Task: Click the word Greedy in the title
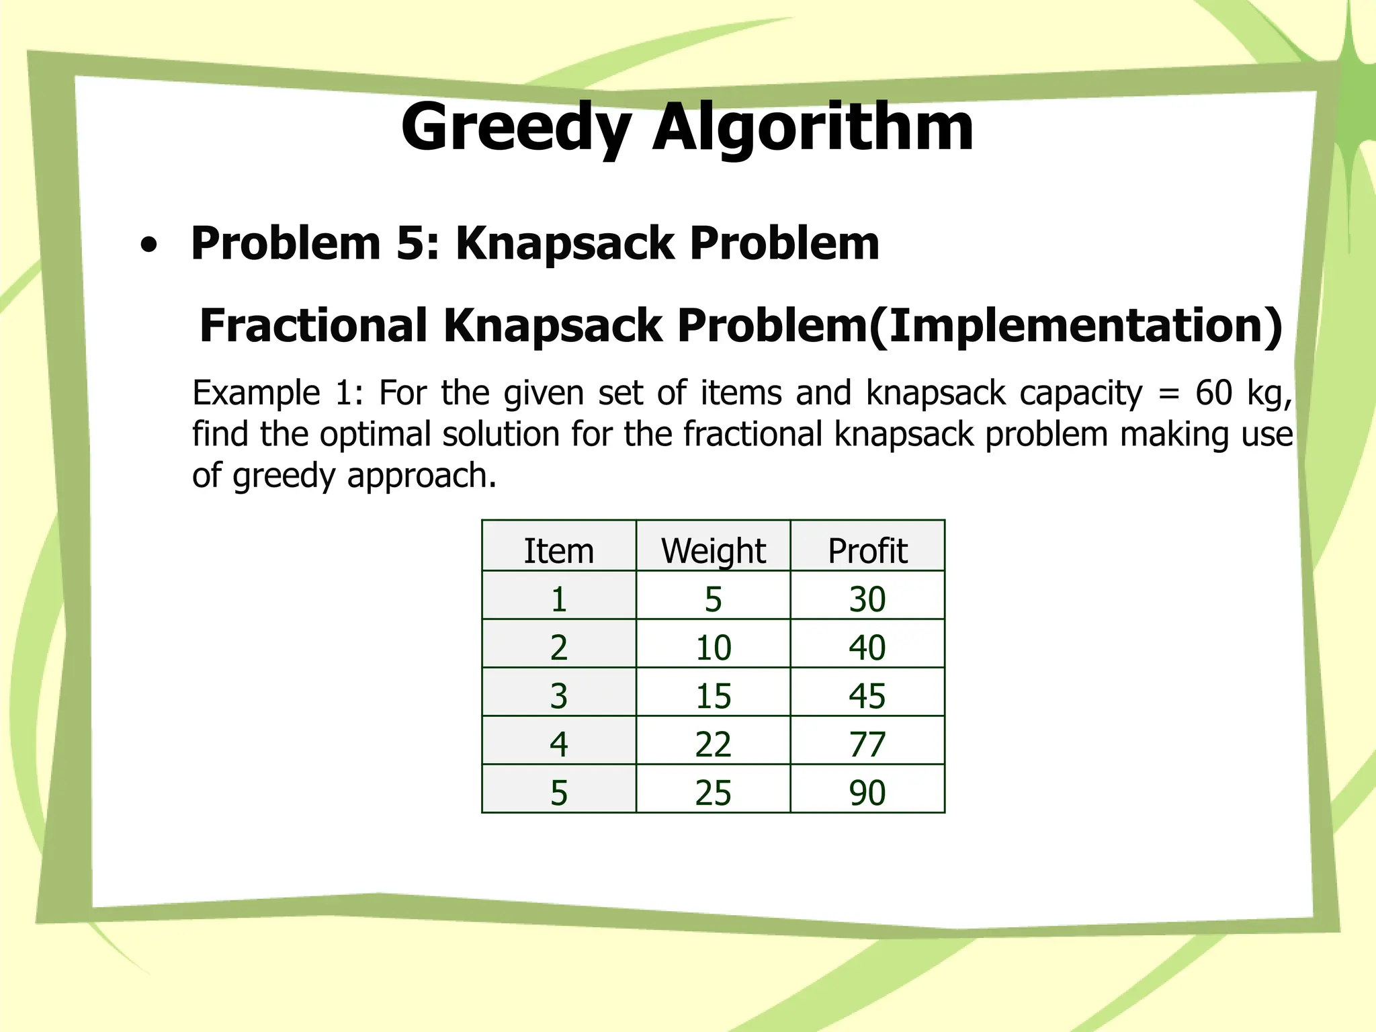click(x=516, y=128)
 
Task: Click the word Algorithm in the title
click(x=813, y=128)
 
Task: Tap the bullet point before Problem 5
click(x=149, y=246)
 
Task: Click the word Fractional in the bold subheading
click(x=313, y=326)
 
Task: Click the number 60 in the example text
click(x=1213, y=393)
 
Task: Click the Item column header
click(x=559, y=551)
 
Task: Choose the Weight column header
click(x=713, y=551)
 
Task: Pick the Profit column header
click(x=867, y=551)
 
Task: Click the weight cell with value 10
click(x=713, y=648)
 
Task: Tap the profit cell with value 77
click(x=867, y=744)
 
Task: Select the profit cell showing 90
click(x=867, y=793)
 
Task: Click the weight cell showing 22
click(x=713, y=744)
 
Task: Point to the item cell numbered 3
click(x=559, y=696)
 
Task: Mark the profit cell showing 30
click(x=867, y=599)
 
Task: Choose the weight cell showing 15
click(x=713, y=696)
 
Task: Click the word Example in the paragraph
click(x=256, y=393)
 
